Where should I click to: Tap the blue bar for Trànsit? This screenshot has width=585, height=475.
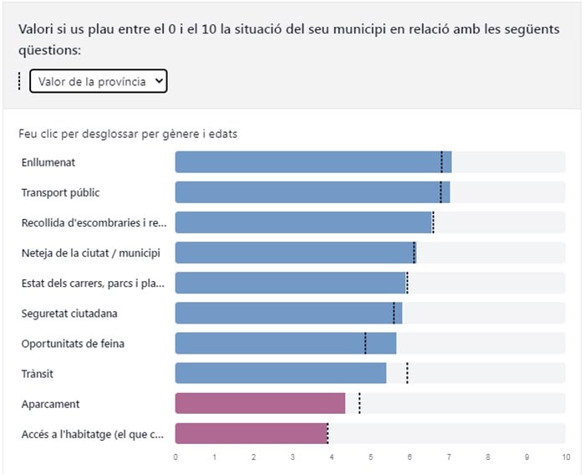coord(280,373)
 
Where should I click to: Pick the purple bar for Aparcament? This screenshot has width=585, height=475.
coord(260,403)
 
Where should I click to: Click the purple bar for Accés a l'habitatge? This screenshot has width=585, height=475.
coord(251,433)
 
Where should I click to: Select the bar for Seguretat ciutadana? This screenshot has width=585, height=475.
coord(288,313)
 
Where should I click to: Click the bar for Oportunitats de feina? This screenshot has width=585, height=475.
coord(285,343)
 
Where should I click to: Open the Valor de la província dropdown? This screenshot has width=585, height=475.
coord(99,81)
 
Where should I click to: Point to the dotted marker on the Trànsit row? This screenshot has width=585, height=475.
coord(407,373)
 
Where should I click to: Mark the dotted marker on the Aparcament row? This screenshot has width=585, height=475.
coord(359,403)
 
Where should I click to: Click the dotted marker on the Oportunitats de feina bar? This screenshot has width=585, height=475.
coord(365,343)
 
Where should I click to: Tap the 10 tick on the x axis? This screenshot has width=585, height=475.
coord(566,457)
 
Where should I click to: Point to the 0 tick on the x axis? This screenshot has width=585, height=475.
coord(175,457)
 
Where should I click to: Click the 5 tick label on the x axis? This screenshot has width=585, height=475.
coord(370,457)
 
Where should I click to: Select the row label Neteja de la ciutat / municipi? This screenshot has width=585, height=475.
coord(90,253)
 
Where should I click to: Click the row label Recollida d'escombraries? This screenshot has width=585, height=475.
coord(94,222)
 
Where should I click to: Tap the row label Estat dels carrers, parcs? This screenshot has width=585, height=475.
coord(93,283)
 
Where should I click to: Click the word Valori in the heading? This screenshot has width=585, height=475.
coord(35,28)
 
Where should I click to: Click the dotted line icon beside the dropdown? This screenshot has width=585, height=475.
coord(19,81)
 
